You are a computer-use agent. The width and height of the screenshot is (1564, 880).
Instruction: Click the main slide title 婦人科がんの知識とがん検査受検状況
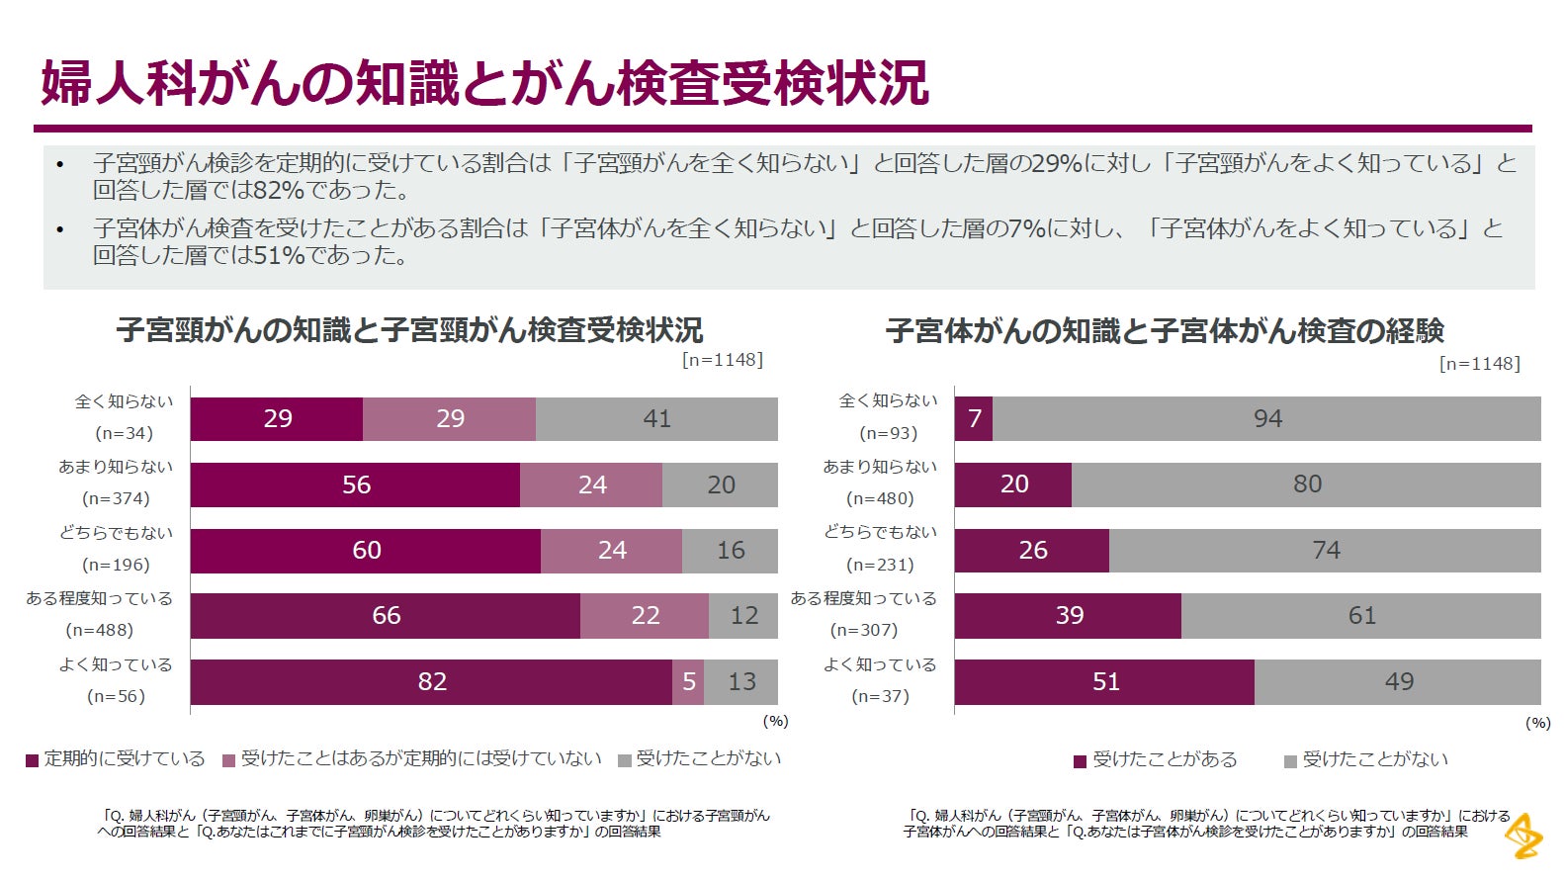point(484,83)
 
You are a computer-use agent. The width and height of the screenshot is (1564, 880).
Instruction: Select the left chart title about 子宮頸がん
point(409,329)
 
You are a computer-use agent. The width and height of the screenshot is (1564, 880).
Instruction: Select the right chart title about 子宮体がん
point(1165,330)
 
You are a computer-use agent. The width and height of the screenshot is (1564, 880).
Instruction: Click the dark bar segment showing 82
point(431,681)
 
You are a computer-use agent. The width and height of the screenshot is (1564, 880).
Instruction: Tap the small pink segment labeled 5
point(688,681)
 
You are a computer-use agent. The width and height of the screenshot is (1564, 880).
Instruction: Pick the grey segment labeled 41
point(656,419)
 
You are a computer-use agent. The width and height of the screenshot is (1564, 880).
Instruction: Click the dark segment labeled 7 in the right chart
point(974,419)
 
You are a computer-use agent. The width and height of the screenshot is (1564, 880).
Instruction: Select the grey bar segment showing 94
point(1266,419)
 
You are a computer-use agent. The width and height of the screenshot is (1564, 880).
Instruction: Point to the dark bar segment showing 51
point(1104,681)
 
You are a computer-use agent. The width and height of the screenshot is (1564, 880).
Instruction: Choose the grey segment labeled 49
point(1398,681)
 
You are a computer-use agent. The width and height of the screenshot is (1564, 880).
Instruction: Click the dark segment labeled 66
point(386,615)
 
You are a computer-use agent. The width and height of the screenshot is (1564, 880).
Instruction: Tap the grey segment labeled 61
point(1361,615)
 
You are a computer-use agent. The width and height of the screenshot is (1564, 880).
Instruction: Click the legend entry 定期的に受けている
point(116,758)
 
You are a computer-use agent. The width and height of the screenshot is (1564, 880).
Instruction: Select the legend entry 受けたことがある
point(1156,759)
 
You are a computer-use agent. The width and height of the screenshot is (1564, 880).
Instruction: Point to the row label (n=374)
point(116,498)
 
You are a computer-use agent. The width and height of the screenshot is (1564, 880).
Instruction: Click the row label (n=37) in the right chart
point(880,696)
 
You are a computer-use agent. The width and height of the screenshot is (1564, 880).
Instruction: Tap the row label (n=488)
point(100,630)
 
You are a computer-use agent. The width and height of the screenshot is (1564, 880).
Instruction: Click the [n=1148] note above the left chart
point(722,360)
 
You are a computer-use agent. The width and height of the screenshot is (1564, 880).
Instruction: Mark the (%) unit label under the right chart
point(1537,723)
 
